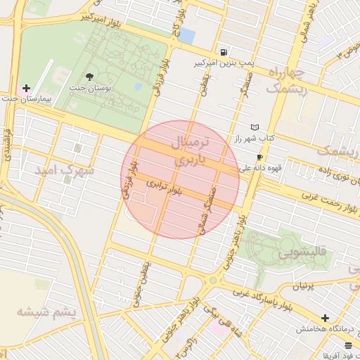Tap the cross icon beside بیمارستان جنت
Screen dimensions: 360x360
[x=27, y=89]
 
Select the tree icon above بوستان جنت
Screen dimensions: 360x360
[x=89, y=76]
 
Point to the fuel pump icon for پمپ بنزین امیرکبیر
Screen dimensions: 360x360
[x=224, y=52]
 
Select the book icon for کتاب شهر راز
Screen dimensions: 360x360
[x=255, y=127]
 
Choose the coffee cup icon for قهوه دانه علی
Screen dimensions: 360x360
[x=260, y=157]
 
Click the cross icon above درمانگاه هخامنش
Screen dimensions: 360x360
[x=325, y=319]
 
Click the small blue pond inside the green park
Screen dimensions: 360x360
[x=139, y=86]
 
